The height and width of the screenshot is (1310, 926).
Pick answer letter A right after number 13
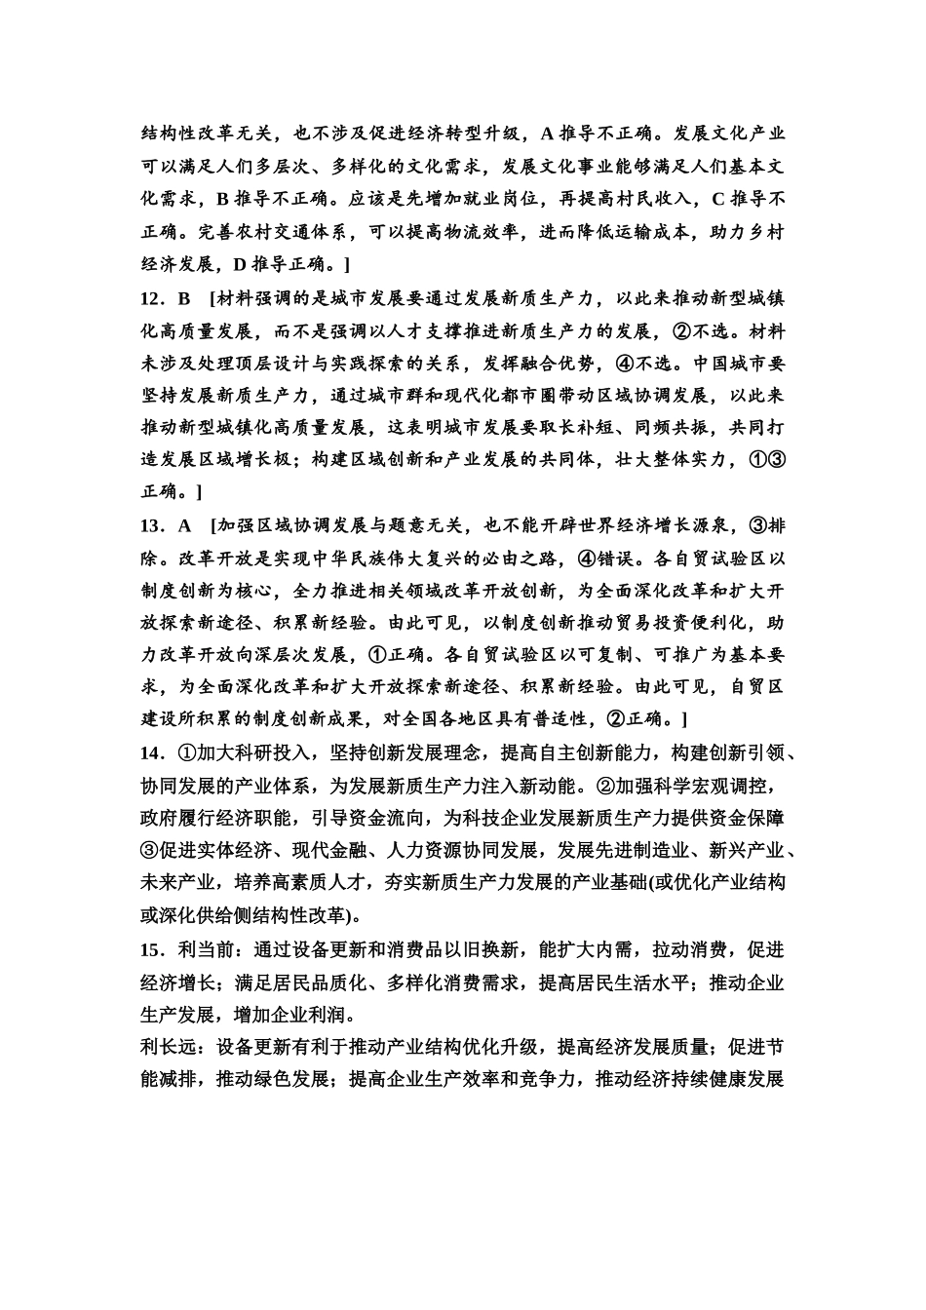click(x=184, y=526)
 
